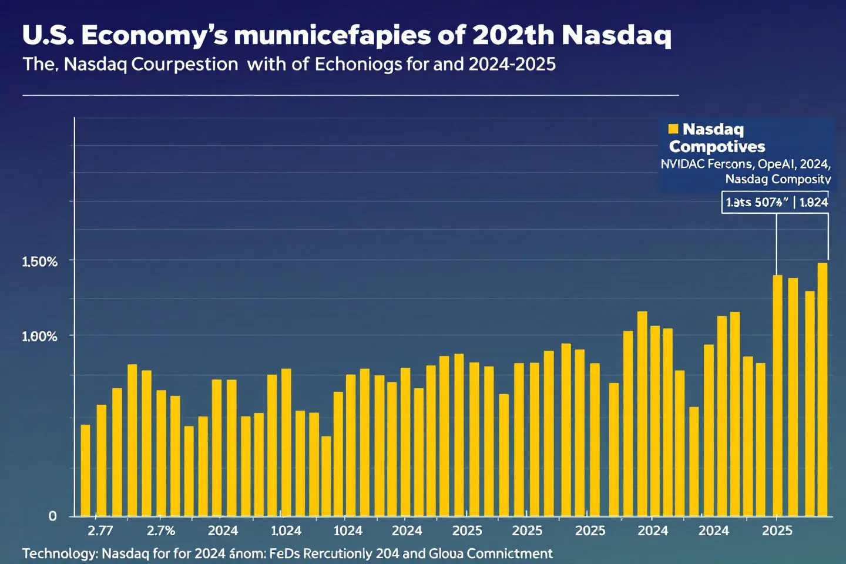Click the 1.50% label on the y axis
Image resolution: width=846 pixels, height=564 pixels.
(40, 262)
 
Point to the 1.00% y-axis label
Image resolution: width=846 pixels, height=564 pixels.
(40, 337)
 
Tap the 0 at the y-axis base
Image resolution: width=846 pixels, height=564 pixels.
(53, 516)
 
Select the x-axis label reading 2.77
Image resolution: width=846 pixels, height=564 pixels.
(100, 531)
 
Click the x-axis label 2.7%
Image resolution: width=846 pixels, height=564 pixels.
(161, 531)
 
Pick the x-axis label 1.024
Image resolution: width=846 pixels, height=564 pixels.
(286, 531)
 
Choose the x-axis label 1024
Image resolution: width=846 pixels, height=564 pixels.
(348, 531)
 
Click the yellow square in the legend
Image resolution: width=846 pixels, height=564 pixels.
(673, 129)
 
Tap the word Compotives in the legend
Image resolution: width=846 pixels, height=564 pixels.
(717, 147)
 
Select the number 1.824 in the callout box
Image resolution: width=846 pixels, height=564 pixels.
(814, 203)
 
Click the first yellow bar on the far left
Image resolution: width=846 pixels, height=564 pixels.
(85, 470)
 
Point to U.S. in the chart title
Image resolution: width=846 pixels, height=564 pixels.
(48, 35)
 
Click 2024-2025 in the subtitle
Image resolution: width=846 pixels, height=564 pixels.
(512, 64)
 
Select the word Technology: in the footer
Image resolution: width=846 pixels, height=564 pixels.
(59, 553)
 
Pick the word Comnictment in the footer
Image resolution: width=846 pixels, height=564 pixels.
(509, 553)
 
